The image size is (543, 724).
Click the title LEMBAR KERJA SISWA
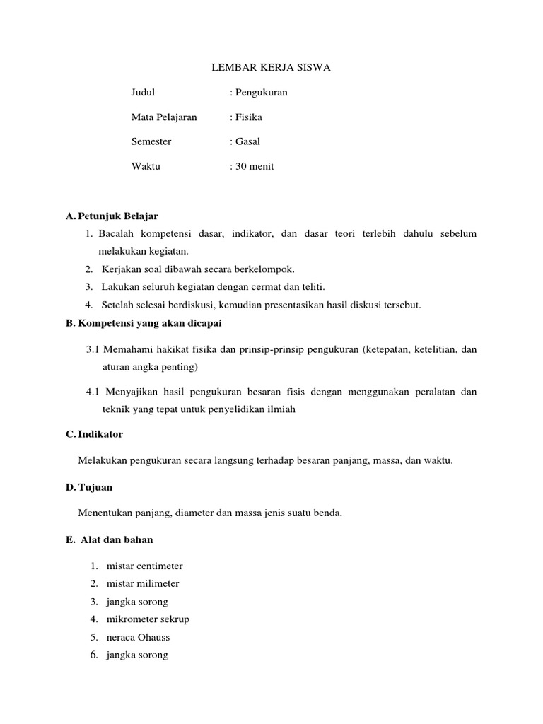click(271, 68)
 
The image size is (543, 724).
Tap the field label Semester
click(151, 141)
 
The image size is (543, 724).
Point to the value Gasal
click(247, 141)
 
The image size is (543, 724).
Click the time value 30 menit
click(254, 166)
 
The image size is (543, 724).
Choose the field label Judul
click(143, 92)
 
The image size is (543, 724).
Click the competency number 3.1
click(93, 349)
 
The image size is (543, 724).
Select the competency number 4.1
click(93, 391)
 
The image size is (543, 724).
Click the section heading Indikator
click(99, 433)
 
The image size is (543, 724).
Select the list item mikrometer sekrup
click(148, 619)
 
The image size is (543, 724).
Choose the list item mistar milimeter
click(143, 583)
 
